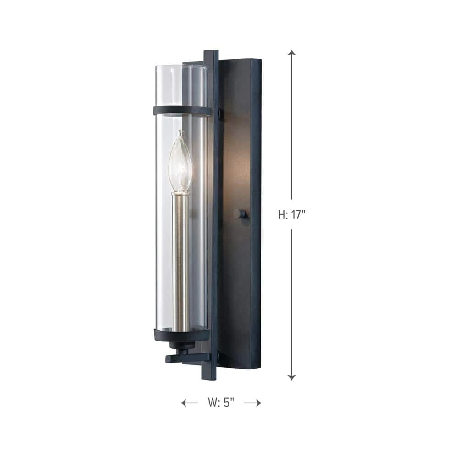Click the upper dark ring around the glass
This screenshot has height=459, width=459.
pyautogui.click(x=182, y=111)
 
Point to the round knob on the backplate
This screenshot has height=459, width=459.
pyautogui.click(x=239, y=213)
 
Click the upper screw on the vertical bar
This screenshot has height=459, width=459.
pyautogui.click(x=220, y=113)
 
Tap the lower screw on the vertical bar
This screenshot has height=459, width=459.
pyautogui.click(x=219, y=356)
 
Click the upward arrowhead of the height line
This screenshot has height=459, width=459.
pyautogui.click(x=291, y=53)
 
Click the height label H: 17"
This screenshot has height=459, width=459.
pyautogui.click(x=291, y=215)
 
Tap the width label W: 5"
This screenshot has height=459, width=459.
pyautogui.click(x=221, y=403)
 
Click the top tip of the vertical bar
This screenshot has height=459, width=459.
pyautogui.click(x=211, y=52)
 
